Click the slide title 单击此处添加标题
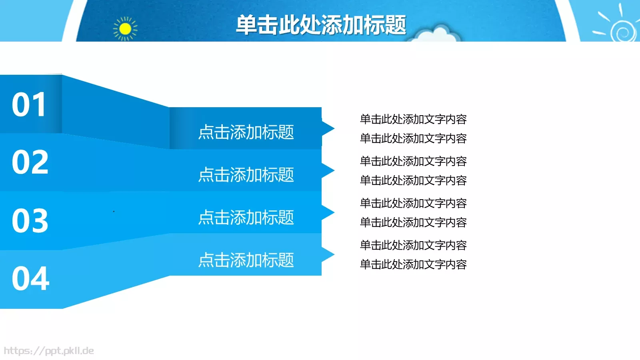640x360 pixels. [321, 25]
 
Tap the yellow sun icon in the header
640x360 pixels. [125, 29]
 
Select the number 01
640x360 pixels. [29, 105]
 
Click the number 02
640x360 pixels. [30, 162]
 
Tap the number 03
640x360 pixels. [30, 220]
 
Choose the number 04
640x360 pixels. [30, 278]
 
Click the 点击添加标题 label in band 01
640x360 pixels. [246, 132]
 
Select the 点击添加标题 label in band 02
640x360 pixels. [246, 175]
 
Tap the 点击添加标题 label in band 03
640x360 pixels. [246, 218]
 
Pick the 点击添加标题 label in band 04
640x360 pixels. [246, 260]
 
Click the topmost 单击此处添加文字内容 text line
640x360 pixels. [413, 119]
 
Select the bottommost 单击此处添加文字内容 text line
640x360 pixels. [413, 264]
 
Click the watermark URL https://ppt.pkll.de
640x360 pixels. [49, 351]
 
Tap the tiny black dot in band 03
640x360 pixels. [114, 211]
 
